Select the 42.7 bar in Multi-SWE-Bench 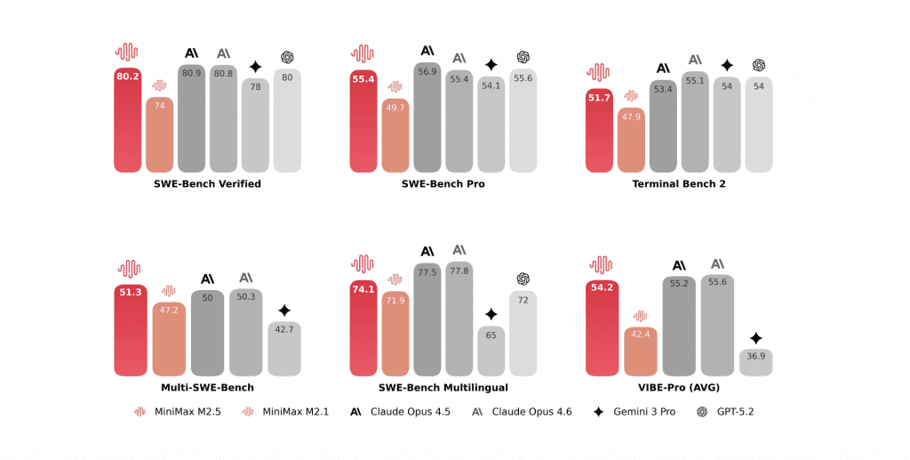click(x=284, y=349)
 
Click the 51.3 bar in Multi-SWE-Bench click(x=130, y=330)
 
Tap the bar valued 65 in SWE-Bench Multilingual click(x=491, y=351)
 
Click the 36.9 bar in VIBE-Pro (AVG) click(x=755, y=362)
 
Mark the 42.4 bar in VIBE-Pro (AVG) click(x=640, y=351)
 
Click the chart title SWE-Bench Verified click(x=207, y=184)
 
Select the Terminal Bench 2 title click(x=678, y=184)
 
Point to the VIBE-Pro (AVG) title click(x=678, y=388)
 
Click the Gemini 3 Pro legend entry click(x=638, y=412)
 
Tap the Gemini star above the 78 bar click(x=255, y=67)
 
